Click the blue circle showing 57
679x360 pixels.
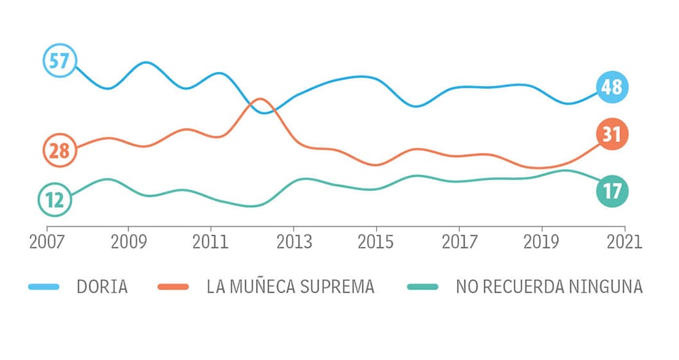click(59, 61)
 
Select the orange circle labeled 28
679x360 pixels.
click(59, 150)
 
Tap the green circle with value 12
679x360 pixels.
click(54, 200)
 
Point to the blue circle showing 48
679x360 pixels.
click(612, 87)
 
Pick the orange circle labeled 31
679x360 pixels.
click(612, 134)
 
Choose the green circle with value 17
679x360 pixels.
click(612, 191)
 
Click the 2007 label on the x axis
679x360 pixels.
click(47, 242)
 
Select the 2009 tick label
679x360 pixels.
click(129, 242)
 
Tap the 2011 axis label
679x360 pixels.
click(211, 242)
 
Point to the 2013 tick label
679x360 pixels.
click(294, 242)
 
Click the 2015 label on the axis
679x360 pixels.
click(377, 242)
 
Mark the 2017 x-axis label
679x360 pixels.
click(460, 242)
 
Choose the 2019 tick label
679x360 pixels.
click(542, 242)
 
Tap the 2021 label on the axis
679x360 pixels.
click(625, 242)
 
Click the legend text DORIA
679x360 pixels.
click(103, 287)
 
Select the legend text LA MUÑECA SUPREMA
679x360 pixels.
click(291, 287)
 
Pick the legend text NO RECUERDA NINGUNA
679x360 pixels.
click(549, 287)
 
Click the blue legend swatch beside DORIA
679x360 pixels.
click(44, 287)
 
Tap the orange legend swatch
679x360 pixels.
click(173, 287)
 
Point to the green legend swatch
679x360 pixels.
click(422, 287)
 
